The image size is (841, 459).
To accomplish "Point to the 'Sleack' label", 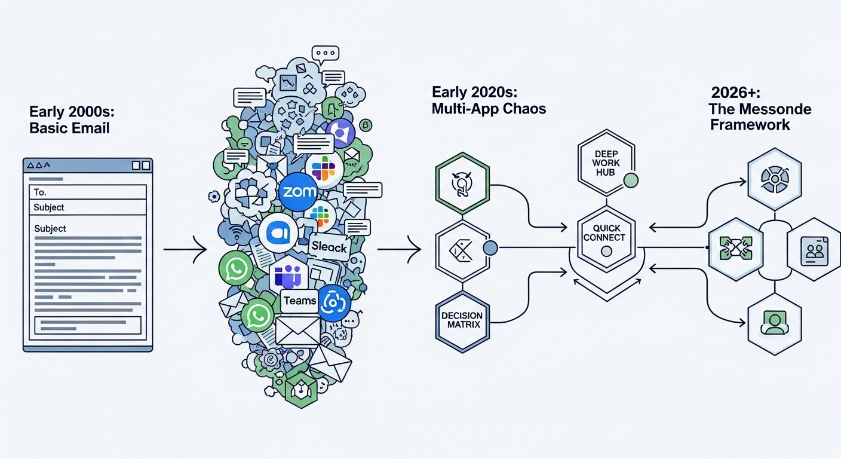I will pos(329,246).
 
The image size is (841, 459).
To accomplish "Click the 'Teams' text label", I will pos(300,301).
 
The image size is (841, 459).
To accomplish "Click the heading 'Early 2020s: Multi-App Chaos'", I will pos(488,102).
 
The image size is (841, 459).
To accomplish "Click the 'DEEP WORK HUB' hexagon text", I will pos(606,163).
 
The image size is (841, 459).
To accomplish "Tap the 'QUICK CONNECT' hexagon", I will pos(606,233).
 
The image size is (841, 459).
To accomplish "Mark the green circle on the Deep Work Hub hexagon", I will pos(630,180).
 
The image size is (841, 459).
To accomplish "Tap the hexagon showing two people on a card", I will pos(814,249).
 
